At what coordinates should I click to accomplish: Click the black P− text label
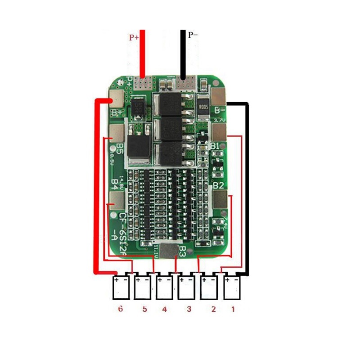point(193,34)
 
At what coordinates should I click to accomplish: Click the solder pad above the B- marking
point(219,95)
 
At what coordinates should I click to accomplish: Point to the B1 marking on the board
point(215,146)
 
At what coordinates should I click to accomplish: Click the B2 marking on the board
point(218,185)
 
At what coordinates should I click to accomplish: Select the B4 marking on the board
point(115,183)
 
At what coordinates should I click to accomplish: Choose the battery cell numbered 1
point(232,287)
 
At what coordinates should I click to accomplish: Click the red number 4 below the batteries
point(165,310)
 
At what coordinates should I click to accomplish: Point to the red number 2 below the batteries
point(213,310)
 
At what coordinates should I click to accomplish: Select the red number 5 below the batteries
point(144,310)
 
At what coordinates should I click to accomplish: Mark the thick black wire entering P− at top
point(183,54)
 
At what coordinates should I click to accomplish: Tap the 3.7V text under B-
point(220,120)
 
